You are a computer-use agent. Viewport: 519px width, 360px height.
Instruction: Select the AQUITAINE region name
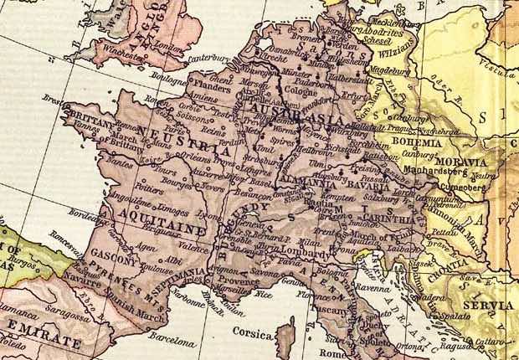coord(138,229)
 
